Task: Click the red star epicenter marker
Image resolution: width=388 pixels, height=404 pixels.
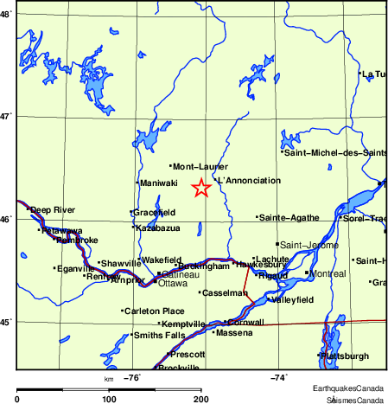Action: click(x=200, y=188)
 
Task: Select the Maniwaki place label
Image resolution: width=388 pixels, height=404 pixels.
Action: click(x=159, y=183)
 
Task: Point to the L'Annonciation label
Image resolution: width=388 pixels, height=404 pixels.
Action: click(x=249, y=181)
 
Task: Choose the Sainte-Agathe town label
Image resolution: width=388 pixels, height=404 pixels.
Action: click(x=289, y=217)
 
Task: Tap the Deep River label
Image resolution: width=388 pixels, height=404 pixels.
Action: click(x=52, y=209)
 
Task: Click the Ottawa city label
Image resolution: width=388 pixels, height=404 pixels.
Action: click(x=174, y=283)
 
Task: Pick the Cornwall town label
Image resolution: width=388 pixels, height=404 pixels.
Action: click(x=245, y=322)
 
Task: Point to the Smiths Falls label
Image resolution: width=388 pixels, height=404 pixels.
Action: click(x=158, y=335)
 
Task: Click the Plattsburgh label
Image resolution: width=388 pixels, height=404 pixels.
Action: click(x=345, y=356)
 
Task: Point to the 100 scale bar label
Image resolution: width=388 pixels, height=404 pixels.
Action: click(x=109, y=399)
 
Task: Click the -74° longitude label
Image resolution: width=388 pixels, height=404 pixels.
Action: click(x=279, y=377)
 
